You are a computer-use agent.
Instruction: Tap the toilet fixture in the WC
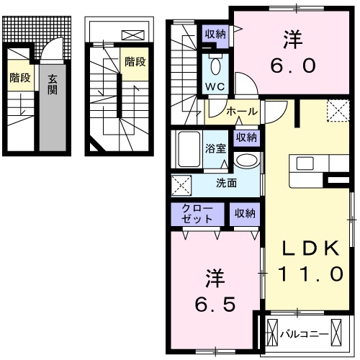point(215,66)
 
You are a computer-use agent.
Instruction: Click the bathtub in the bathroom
point(189,150)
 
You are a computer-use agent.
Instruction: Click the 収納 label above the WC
point(215,34)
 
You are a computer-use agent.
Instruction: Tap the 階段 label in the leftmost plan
point(19,78)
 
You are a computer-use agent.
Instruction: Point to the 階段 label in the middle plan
point(134,61)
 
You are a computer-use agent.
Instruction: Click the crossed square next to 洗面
point(181,184)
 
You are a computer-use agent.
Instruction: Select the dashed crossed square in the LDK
point(337,110)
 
